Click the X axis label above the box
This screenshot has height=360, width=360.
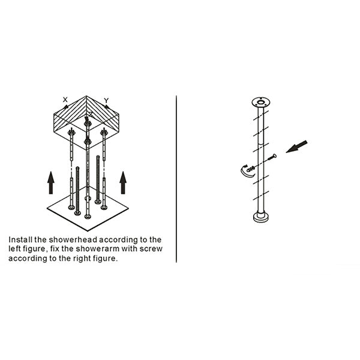[x=65, y=99]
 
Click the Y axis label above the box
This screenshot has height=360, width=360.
[x=106, y=100]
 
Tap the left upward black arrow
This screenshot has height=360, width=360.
[x=51, y=182]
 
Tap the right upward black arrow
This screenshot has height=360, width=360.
[x=123, y=182]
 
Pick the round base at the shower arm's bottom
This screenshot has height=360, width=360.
[x=261, y=217]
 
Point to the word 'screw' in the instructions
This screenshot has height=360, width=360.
[x=150, y=248]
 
